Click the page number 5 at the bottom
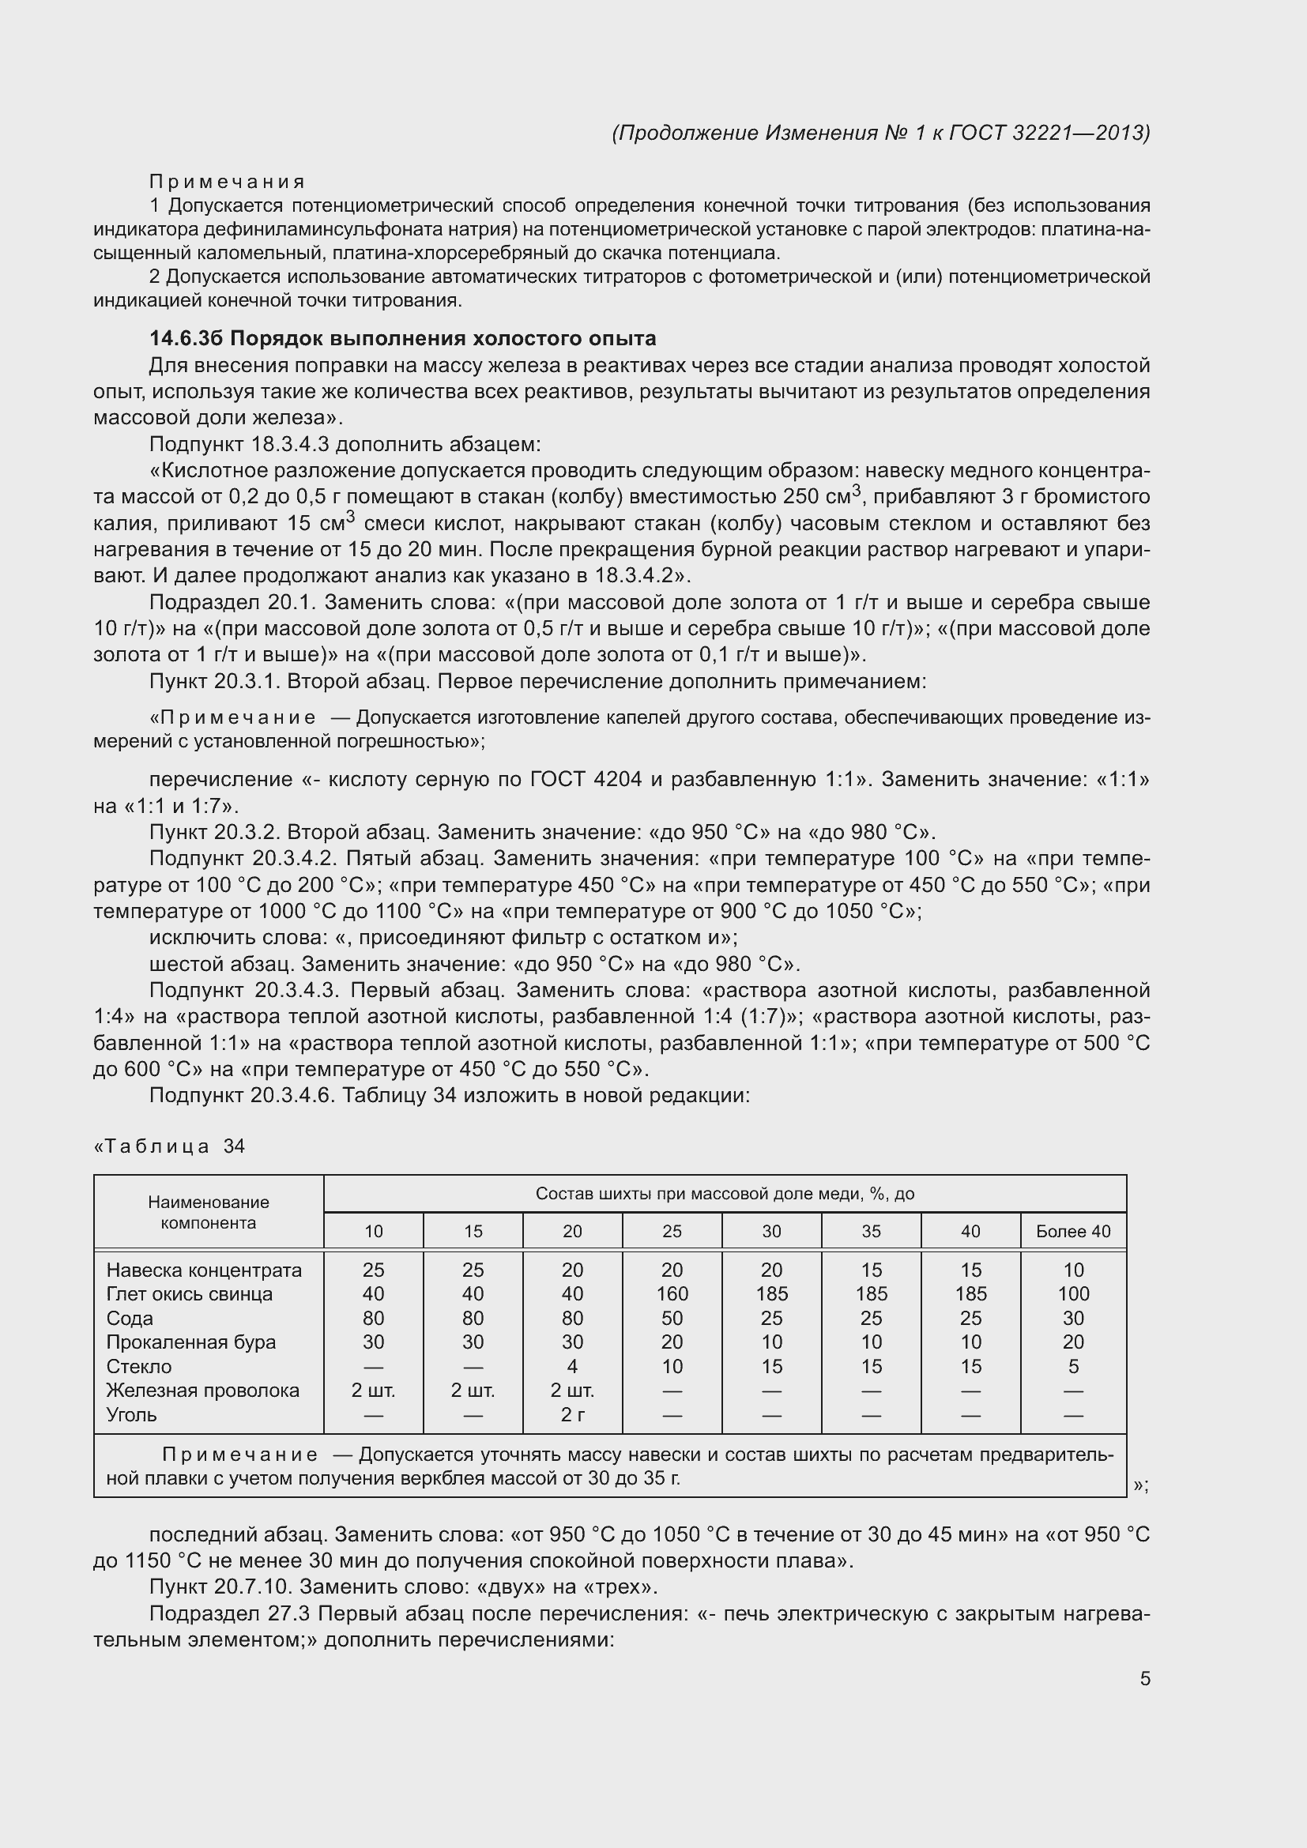click(1144, 1678)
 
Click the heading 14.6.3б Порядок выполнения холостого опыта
click(402, 338)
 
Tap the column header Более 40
click(1073, 1231)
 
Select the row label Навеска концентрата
click(204, 1270)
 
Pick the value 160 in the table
click(671, 1293)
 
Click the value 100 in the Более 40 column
click(1073, 1293)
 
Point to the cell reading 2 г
click(571, 1414)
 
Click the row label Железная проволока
click(202, 1390)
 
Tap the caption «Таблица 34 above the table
click(169, 1146)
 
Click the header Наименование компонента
click(209, 1212)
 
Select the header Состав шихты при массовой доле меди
click(725, 1194)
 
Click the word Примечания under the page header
click(227, 182)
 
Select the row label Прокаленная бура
click(190, 1342)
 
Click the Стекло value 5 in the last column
click(1073, 1366)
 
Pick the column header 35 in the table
click(871, 1231)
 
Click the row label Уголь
click(131, 1414)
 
